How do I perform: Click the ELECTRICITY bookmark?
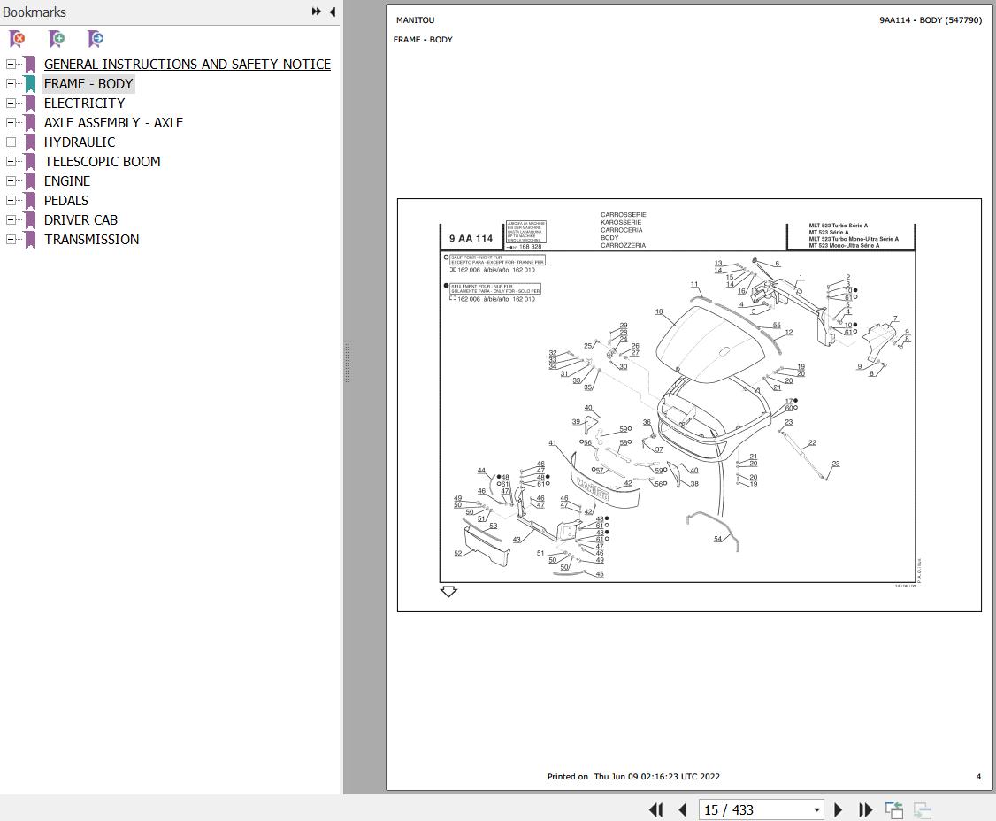click(84, 104)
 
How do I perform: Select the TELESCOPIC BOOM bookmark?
click(102, 162)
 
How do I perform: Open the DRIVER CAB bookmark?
click(80, 220)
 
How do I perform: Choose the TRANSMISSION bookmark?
click(91, 240)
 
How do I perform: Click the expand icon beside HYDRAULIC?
click(11, 142)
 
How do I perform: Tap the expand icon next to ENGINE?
click(11, 181)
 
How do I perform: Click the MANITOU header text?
click(415, 20)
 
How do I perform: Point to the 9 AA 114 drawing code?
click(471, 239)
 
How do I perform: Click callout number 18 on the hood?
click(659, 312)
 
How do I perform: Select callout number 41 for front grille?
click(552, 443)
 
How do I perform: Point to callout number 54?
click(717, 539)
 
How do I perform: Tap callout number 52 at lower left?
click(457, 554)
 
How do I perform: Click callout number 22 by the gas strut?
click(812, 443)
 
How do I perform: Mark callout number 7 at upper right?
click(894, 319)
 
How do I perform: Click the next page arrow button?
click(839, 809)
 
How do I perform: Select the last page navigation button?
click(866, 809)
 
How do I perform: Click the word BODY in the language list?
click(609, 238)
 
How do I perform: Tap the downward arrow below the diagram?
click(448, 591)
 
